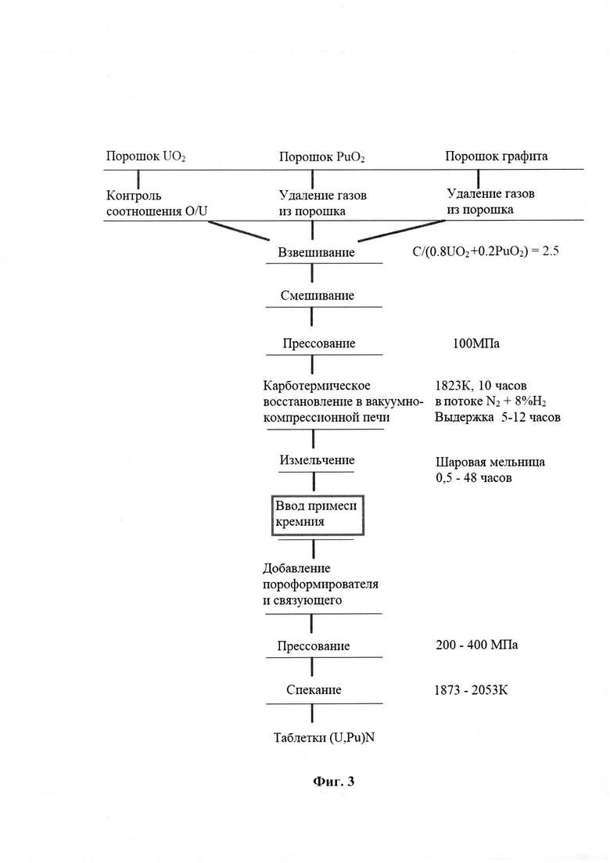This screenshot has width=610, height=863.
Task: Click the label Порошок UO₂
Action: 145,156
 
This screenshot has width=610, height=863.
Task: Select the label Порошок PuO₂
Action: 321,157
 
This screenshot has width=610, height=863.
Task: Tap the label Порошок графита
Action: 496,156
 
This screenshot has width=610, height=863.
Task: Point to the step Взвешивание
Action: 316,253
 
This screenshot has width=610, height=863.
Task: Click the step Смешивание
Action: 318,296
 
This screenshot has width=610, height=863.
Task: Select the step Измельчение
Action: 317,460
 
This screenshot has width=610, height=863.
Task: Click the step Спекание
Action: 314,689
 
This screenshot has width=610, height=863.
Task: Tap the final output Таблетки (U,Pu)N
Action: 324,738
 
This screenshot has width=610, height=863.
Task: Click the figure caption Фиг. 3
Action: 334,781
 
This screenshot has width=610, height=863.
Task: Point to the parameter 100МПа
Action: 475,344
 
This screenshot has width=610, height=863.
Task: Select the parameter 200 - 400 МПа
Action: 476,645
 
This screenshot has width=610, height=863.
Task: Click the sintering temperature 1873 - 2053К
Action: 471,689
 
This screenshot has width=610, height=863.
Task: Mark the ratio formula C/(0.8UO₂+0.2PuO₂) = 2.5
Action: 486,252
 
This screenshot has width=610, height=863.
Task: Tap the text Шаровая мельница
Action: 490,462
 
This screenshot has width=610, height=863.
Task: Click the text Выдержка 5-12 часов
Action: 498,417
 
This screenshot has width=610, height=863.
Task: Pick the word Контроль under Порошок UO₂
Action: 134,196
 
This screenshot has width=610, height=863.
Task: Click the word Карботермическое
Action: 317,386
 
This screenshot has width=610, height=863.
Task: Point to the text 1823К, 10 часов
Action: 481,386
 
